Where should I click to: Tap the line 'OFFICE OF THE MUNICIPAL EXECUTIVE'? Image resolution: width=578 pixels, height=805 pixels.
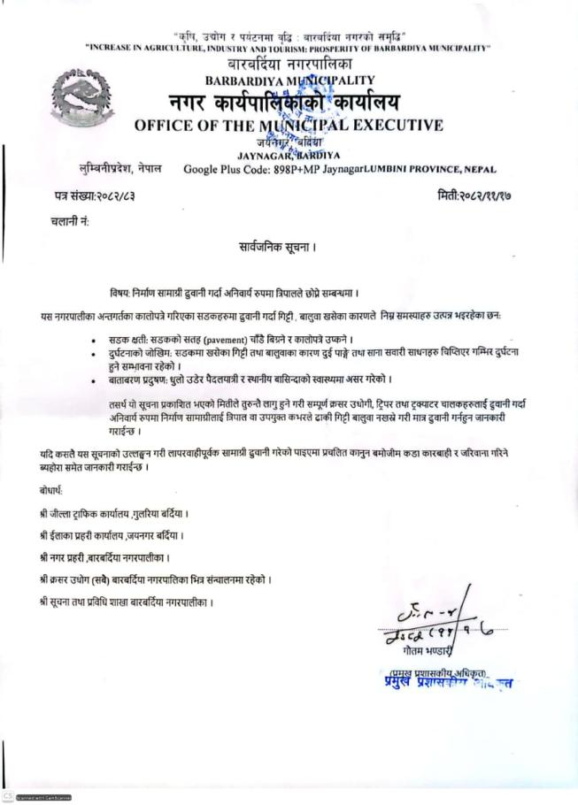coord(289,125)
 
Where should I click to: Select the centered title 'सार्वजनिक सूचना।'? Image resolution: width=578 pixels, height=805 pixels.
coord(276,245)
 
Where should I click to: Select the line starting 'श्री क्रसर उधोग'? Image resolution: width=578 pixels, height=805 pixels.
coord(155,579)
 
